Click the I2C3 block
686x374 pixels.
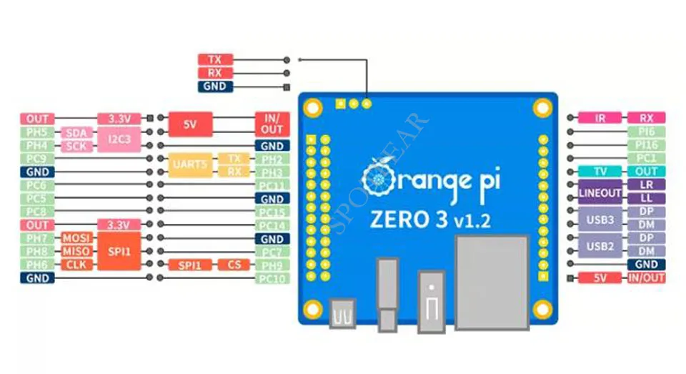[x=119, y=139]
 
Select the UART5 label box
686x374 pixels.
[x=189, y=165]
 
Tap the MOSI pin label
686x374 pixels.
[x=75, y=238]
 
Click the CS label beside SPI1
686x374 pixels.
[x=234, y=265]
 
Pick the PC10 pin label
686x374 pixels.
[x=272, y=278]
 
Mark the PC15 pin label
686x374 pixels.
[x=272, y=212]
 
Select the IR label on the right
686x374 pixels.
[x=600, y=118]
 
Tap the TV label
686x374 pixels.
[x=600, y=172]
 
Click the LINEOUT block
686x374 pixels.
[x=600, y=192]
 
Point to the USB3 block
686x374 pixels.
[x=600, y=219]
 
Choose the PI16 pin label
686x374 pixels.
[x=646, y=145]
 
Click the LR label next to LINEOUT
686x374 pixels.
[x=646, y=184]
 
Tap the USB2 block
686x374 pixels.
[x=600, y=245]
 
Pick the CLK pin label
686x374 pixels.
[x=75, y=265]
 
